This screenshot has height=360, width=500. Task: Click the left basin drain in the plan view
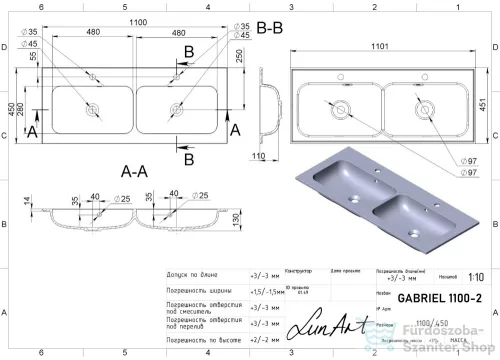point(98,106)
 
